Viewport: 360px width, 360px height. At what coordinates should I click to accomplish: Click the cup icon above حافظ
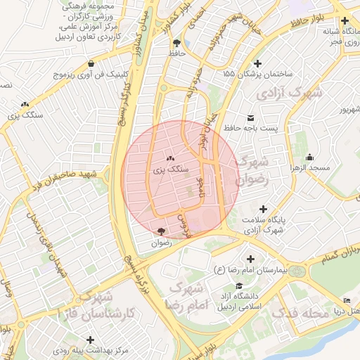coord(176,43)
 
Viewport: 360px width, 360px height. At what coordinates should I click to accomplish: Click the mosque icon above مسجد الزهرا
coord(310,157)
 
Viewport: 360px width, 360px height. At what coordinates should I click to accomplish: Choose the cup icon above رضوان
coord(162,231)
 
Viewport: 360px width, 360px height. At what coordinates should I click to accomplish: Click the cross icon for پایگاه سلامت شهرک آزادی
coord(264,209)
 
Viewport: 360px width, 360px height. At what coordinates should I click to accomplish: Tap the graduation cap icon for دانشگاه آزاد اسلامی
coord(240,287)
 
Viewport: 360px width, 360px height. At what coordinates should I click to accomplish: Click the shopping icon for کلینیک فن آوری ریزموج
coord(92,63)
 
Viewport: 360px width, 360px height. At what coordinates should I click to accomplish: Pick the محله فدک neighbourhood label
coord(300,313)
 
